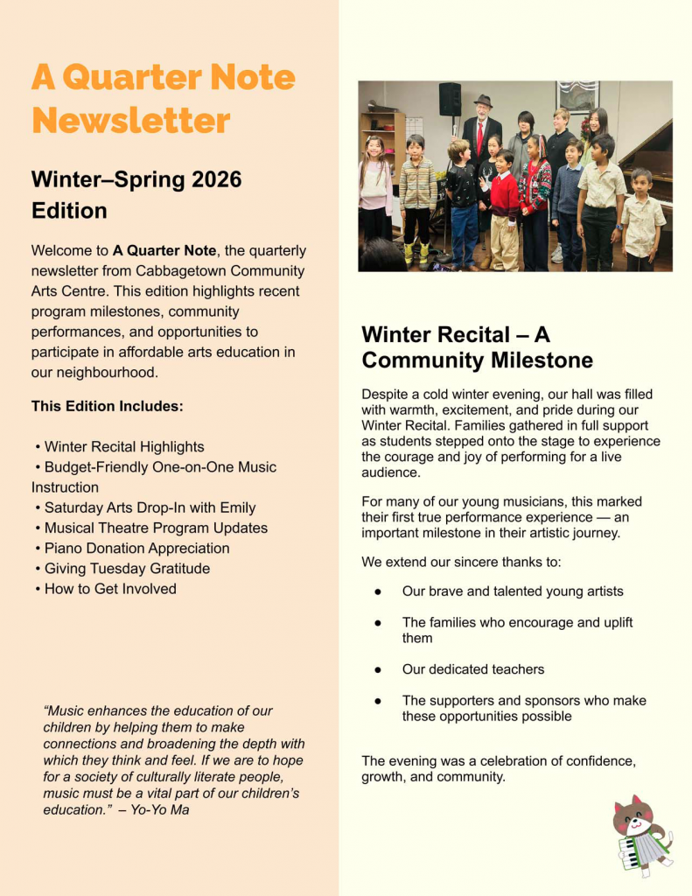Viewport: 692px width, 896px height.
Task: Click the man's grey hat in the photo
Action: pos(483,101)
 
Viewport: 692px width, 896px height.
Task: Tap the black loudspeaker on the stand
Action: pos(450,99)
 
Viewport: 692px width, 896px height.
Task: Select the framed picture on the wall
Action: pos(577,97)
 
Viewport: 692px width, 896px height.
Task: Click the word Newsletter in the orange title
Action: pos(131,120)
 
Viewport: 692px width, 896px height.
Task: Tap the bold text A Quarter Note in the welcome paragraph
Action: pos(166,251)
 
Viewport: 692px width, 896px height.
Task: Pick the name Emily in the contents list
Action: pos(238,507)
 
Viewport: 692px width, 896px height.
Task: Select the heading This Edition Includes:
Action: pos(108,406)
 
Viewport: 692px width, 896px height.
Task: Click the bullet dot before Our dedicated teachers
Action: pos(378,669)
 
